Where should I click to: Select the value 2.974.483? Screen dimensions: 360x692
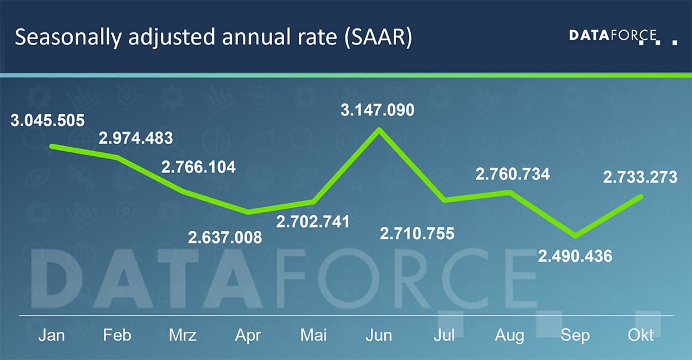coord(136,138)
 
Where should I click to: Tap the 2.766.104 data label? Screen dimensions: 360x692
coord(198,167)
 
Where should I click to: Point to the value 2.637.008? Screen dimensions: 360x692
coord(225,237)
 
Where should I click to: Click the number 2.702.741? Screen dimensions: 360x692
coord(313,222)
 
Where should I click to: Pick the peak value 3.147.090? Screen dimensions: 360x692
coord(377,110)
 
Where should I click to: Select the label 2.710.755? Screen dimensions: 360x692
coord(417,234)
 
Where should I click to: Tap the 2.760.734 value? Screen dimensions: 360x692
coord(512,174)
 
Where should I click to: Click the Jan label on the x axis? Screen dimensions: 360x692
coord(51,335)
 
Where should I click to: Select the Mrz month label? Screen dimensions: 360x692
coord(182,335)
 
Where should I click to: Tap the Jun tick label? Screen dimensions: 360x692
coord(379,335)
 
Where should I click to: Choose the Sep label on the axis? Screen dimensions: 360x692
coord(575,335)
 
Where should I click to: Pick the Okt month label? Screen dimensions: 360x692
coord(641,335)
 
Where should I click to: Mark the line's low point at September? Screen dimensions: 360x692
coord(574,235)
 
